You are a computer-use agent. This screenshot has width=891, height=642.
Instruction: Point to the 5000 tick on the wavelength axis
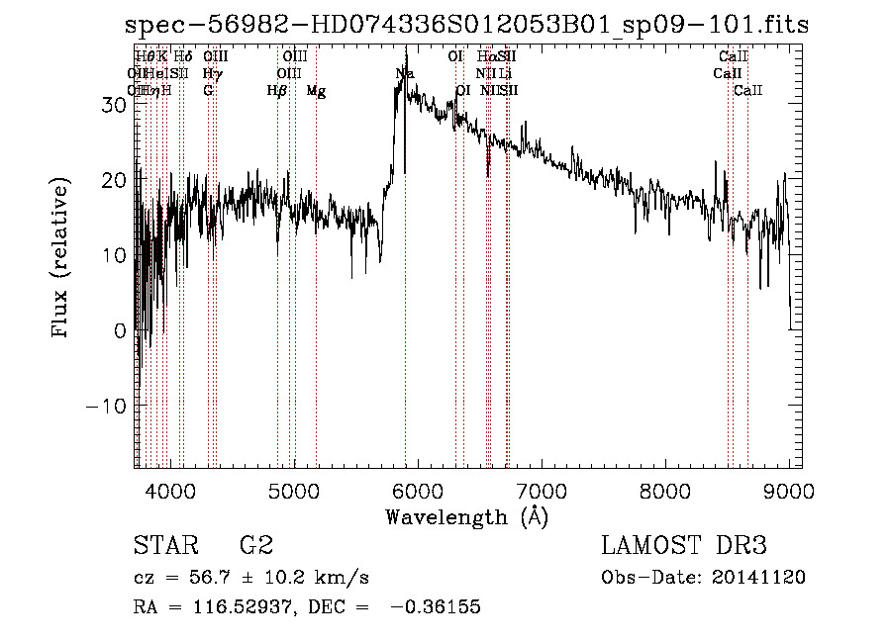point(294,492)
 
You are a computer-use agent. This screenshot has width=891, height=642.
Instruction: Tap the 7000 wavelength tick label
point(542,492)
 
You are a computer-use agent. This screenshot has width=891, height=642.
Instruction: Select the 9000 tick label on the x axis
point(789,492)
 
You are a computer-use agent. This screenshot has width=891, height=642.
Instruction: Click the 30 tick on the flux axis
point(112,104)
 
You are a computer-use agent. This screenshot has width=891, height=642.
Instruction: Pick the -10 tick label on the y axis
point(105,406)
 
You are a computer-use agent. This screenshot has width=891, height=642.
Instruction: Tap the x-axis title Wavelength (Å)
point(466,516)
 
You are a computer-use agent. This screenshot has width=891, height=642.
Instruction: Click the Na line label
point(405,74)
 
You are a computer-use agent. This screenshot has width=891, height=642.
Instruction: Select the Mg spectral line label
point(316,91)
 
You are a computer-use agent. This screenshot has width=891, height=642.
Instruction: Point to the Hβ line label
point(277,91)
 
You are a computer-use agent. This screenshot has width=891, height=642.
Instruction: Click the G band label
point(208,91)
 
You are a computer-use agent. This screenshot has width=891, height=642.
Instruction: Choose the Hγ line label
point(210,74)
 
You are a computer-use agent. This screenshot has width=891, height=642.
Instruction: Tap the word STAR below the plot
point(164,546)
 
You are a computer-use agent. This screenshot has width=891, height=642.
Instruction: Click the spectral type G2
point(255,546)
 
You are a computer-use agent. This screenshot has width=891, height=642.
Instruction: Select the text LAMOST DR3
point(684,546)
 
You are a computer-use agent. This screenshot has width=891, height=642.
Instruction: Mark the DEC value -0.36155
point(436,607)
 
